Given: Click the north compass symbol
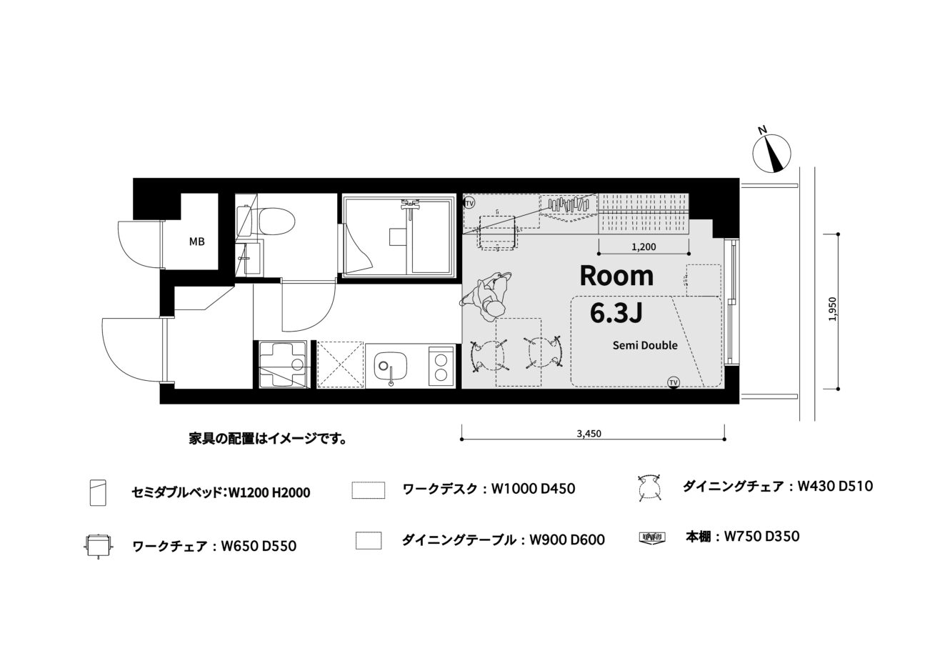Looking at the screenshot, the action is pyautogui.click(x=771, y=153).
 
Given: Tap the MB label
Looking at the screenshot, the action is pyautogui.click(x=197, y=242).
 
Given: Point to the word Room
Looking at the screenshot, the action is pyautogui.click(x=616, y=276).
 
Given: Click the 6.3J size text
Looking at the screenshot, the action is pyautogui.click(x=616, y=313).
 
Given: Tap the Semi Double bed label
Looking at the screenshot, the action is pyautogui.click(x=645, y=346).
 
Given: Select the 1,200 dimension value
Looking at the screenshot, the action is pyautogui.click(x=644, y=247).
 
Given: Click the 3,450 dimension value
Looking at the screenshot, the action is pyautogui.click(x=589, y=434).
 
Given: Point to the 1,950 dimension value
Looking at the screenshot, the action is pyautogui.click(x=833, y=309).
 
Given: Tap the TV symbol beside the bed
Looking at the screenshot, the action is pyautogui.click(x=673, y=382).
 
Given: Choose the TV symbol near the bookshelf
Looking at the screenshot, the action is pyautogui.click(x=469, y=203).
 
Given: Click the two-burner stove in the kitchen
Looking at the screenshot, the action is pyautogui.click(x=441, y=366).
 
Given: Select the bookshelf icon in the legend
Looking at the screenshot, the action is pyautogui.click(x=652, y=538).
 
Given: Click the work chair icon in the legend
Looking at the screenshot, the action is pyautogui.click(x=98, y=545).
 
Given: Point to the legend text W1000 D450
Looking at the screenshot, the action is pyautogui.click(x=533, y=489).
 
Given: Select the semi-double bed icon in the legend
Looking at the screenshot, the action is pyautogui.click(x=98, y=492).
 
